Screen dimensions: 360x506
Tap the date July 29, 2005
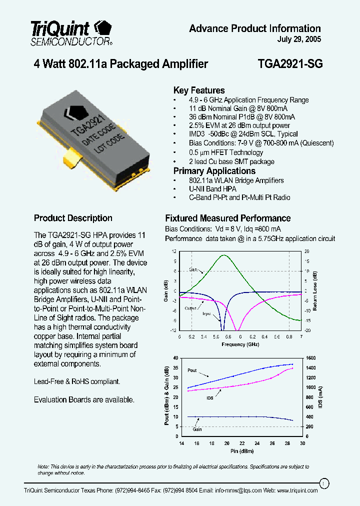pos(299,39)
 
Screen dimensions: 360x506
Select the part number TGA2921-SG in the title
pos(290,64)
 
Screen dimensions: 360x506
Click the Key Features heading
pos(199,90)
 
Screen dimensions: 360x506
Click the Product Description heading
pos(73,218)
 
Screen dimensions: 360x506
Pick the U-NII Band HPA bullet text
pos(212,189)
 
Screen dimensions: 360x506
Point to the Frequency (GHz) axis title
pos(240,345)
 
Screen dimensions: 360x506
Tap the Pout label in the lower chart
pos(192,370)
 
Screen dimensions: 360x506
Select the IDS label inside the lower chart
pos(210,398)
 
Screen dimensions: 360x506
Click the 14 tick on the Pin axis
pos(181,443)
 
